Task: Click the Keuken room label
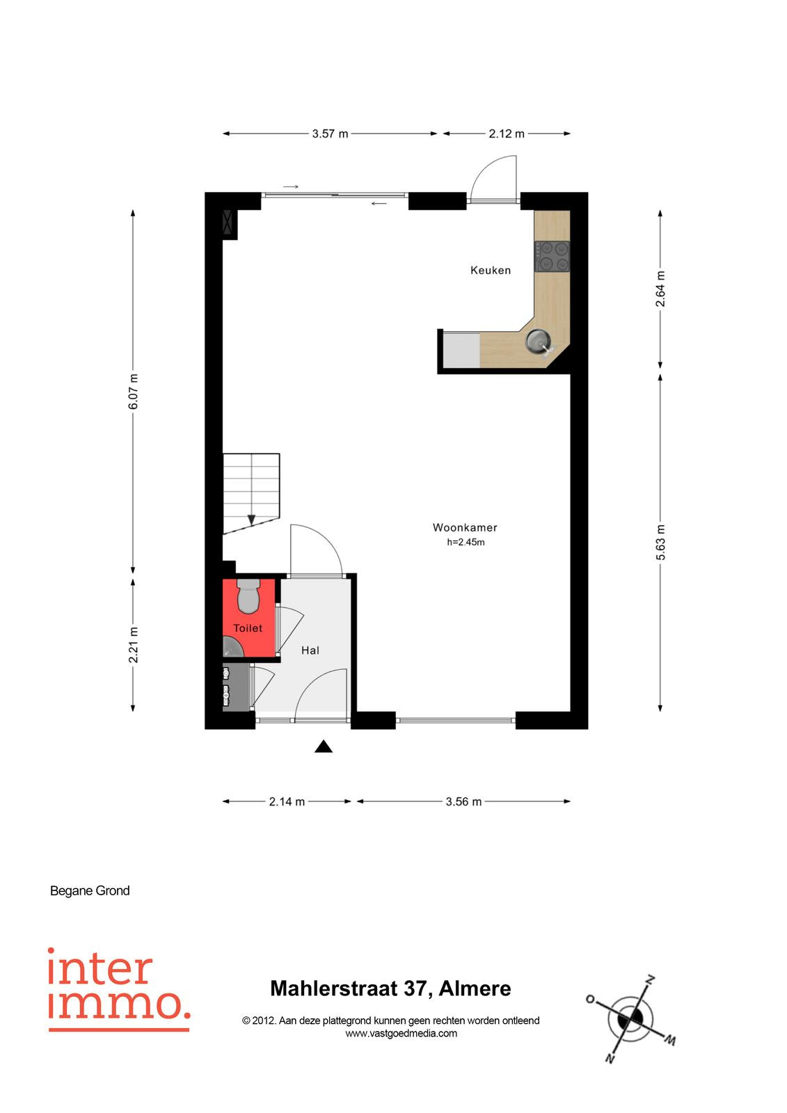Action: click(490, 271)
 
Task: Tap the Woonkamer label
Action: click(465, 527)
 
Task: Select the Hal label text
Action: click(310, 650)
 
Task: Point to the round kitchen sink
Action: click(538, 341)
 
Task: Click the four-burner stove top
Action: click(552, 256)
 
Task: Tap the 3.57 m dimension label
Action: click(330, 134)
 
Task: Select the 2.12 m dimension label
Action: click(506, 134)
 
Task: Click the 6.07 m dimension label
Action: click(133, 392)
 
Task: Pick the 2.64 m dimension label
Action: click(660, 289)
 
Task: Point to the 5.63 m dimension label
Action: click(660, 542)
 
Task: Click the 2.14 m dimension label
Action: click(287, 801)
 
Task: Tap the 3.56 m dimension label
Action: click(463, 801)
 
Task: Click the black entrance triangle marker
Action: click(323, 746)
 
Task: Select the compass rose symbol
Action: click(630, 1018)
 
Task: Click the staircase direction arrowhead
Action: click(252, 520)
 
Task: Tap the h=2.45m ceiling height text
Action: click(466, 542)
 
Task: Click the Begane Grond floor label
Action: click(90, 891)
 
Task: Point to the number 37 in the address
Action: click(415, 988)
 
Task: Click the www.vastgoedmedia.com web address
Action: click(402, 1034)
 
